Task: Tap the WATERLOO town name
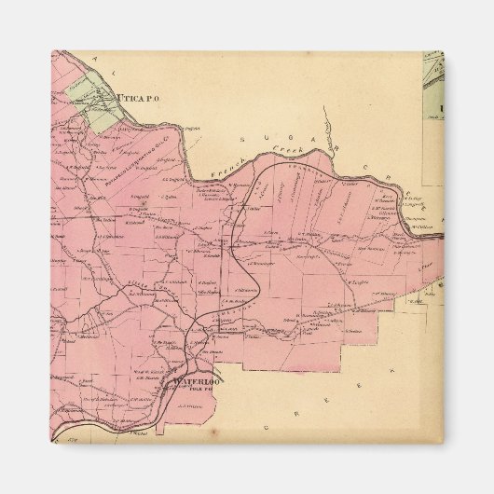tap(193, 380)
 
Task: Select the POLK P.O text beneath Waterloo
tap(194, 390)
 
